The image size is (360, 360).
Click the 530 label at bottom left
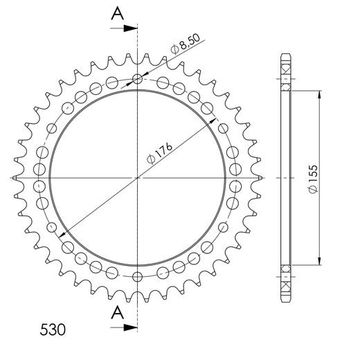click(53, 329)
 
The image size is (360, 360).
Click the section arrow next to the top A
click(128, 28)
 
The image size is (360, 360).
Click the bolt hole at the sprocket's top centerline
click(138, 79)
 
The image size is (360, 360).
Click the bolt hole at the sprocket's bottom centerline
click(138, 277)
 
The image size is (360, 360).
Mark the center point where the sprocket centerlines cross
click(138, 178)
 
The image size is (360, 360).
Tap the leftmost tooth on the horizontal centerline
click(16, 178)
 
